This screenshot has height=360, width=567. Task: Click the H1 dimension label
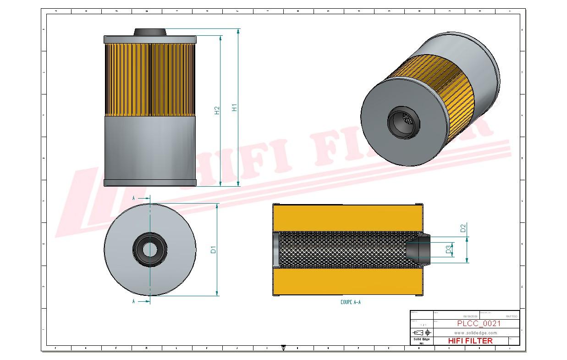tap(234, 108)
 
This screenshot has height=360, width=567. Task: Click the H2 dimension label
tap(217, 110)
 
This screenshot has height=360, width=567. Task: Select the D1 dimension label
tap(213, 249)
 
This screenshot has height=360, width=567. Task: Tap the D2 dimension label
tap(463, 227)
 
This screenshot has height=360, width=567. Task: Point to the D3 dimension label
tap(448, 249)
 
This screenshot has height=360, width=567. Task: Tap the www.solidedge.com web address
tap(476, 332)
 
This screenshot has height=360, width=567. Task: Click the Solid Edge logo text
tap(421, 339)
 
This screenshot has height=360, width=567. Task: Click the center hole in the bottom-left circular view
tap(149, 249)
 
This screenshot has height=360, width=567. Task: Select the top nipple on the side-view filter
tap(149, 32)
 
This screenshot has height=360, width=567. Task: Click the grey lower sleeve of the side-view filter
tap(150, 147)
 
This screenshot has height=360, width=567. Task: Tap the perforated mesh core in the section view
tap(341, 249)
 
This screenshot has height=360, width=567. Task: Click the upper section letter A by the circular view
tap(133, 198)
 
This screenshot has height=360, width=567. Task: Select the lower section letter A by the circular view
tap(133, 301)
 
